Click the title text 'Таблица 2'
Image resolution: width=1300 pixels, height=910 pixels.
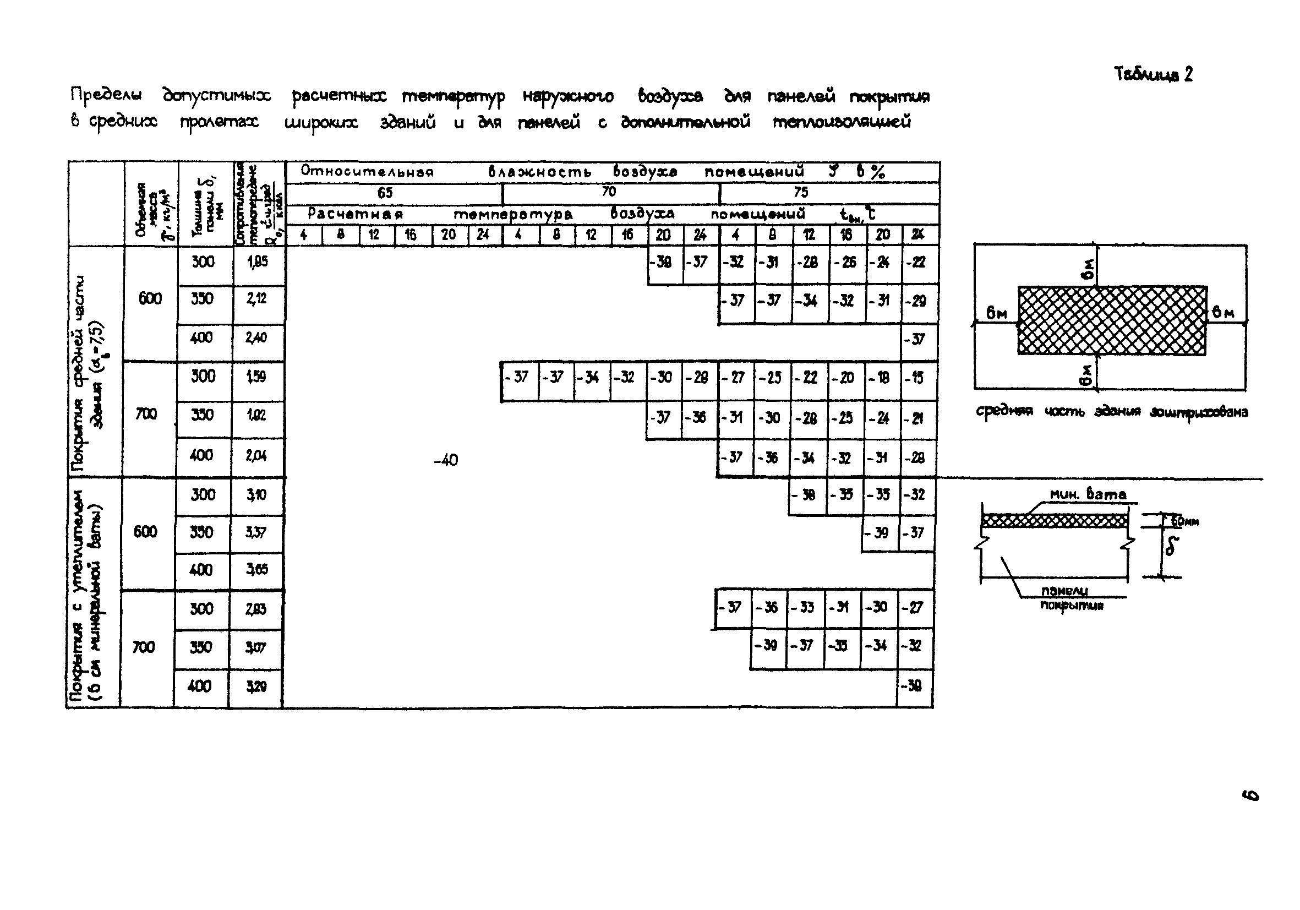(x=1153, y=75)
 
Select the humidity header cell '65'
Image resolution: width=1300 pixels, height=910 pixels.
(x=385, y=193)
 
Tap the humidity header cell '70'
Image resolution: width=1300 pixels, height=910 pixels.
(x=609, y=192)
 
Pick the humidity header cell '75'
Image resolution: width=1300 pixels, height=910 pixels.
(x=801, y=193)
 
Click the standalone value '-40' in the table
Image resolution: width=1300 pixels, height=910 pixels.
(x=446, y=460)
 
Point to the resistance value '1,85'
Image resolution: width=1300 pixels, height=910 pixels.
(x=258, y=262)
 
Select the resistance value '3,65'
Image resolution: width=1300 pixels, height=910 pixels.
(x=256, y=570)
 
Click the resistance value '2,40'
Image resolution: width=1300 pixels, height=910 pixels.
(x=256, y=338)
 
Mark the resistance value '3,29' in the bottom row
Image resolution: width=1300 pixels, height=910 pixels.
(x=256, y=687)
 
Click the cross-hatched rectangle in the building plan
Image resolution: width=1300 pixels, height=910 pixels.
(x=1112, y=320)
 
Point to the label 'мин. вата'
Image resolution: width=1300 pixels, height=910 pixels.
(x=1088, y=494)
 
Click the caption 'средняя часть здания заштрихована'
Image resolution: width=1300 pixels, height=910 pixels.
(x=1111, y=412)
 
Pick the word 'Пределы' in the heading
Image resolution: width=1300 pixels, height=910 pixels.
(x=106, y=95)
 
